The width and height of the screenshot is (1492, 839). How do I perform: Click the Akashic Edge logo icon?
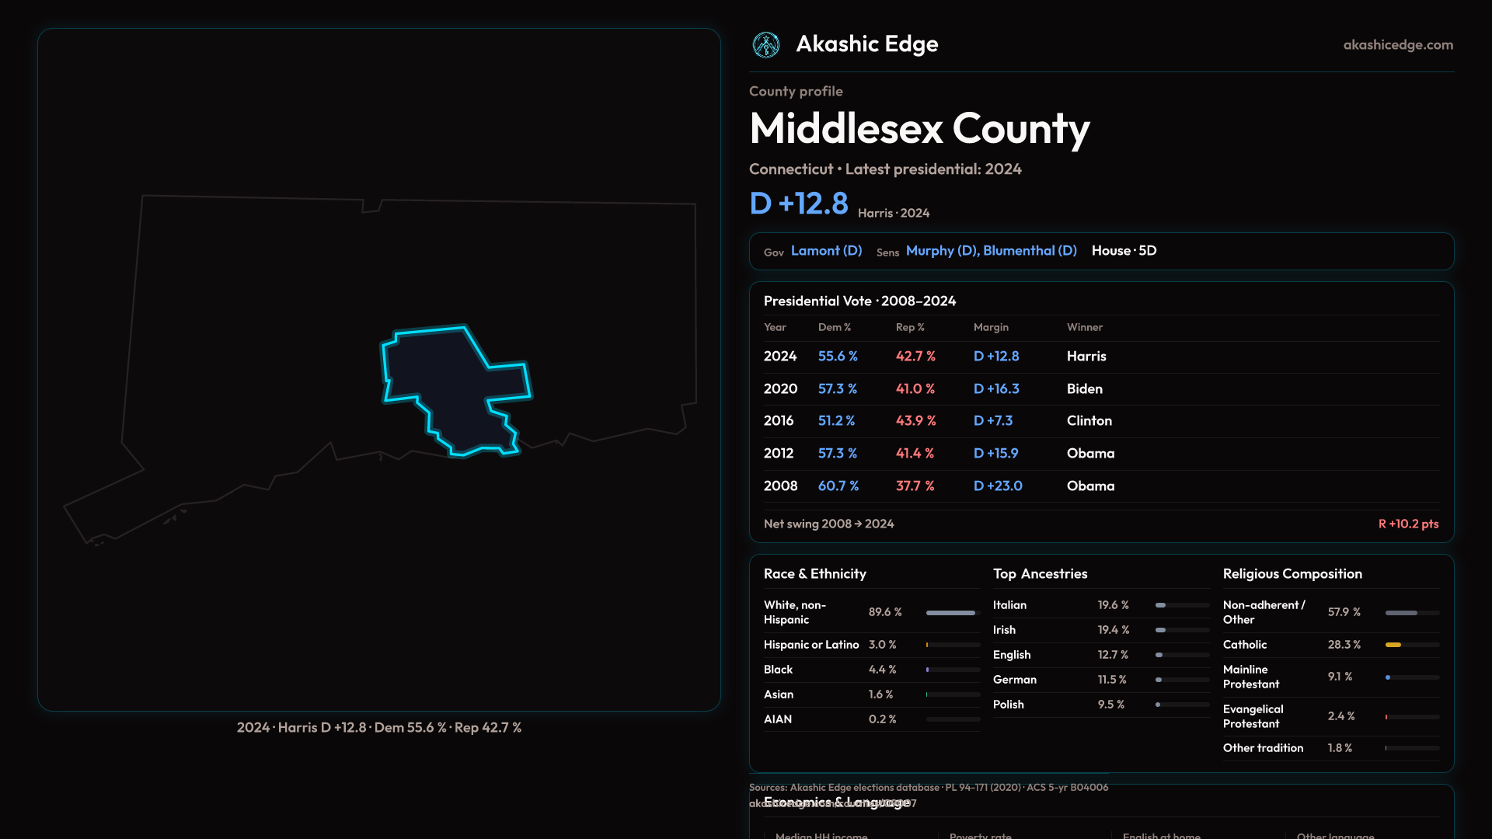click(x=766, y=45)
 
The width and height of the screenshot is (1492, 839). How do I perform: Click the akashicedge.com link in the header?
click(x=1398, y=45)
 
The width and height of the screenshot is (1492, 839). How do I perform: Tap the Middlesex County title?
click(x=919, y=129)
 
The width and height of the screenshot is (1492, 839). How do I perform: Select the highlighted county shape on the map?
click(x=451, y=385)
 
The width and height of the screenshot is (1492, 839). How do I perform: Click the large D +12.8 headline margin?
click(x=799, y=204)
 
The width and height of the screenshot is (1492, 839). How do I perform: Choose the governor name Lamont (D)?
click(x=826, y=251)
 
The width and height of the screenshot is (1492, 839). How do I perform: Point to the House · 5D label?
click(x=1124, y=251)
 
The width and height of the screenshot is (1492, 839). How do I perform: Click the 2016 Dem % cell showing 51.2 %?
click(x=836, y=421)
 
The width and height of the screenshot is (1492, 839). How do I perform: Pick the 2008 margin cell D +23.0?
click(x=998, y=486)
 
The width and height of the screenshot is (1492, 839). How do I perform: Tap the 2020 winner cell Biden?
click(x=1084, y=389)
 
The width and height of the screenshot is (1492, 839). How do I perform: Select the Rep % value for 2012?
click(x=915, y=454)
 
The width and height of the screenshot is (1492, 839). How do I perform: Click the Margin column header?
click(x=991, y=328)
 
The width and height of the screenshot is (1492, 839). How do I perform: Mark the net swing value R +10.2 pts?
click(x=1408, y=524)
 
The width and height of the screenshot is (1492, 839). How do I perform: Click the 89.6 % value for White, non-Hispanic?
click(x=885, y=612)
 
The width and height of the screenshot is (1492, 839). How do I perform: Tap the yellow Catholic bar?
click(x=1393, y=645)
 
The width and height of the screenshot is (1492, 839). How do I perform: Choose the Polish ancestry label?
click(x=1008, y=705)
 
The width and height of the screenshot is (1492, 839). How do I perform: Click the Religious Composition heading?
click(x=1292, y=574)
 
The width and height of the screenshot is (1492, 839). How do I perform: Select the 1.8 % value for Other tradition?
click(x=1340, y=748)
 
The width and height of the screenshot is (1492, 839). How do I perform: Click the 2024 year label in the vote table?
click(x=780, y=357)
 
